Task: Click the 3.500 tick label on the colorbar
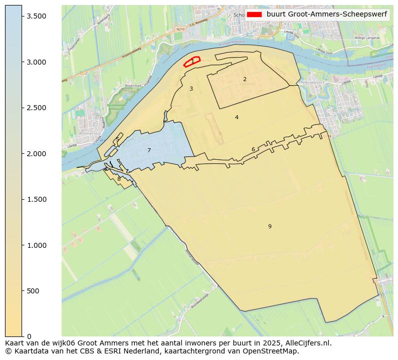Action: (x=37, y=17)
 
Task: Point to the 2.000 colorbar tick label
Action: (x=37, y=154)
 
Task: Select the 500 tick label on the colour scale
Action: (x=34, y=291)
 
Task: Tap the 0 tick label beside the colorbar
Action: (x=28, y=336)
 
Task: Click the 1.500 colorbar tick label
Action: (x=37, y=199)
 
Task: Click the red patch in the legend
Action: (x=254, y=15)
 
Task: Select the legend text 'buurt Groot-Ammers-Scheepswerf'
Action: (x=326, y=15)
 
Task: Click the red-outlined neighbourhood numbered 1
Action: (x=192, y=62)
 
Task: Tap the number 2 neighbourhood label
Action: (x=245, y=79)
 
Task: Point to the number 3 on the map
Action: (x=191, y=89)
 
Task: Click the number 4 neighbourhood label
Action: (x=237, y=117)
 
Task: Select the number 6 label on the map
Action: (x=253, y=149)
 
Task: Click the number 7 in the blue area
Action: (x=149, y=150)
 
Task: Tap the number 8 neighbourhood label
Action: (x=119, y=179)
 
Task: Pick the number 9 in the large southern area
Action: (x=270, y=226)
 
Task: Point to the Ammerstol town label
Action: (x=89, y=134)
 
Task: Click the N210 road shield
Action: (x=180, y=30)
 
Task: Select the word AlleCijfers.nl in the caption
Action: (x=307, y=343)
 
